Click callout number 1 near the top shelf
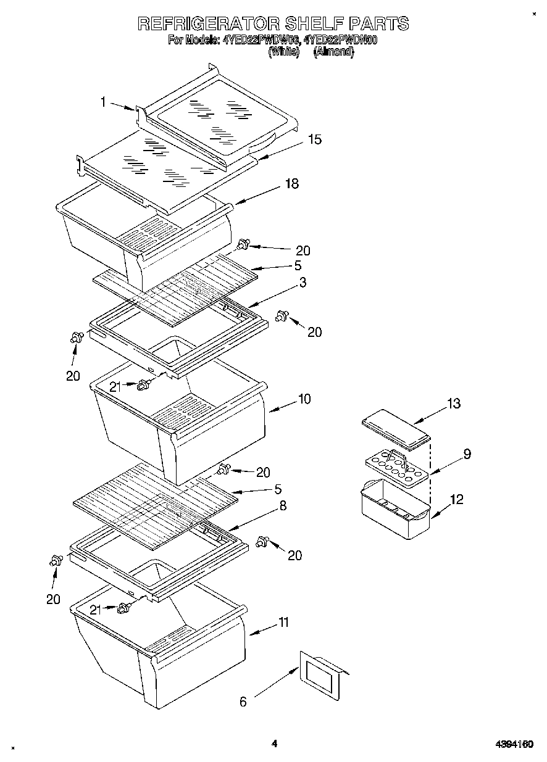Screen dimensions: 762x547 click(x=104, y=102)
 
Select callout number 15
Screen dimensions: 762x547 click(x=314, y=139)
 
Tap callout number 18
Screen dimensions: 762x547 click(x=291, y=183)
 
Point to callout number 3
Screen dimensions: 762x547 click(x=303, y=282)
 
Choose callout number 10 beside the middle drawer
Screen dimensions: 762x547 click(x=304, y=399)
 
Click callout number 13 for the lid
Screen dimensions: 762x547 click(x=454, y=404)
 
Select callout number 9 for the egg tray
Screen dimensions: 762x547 click(x=467, y=453)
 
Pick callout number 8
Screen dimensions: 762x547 click(x=282, y=505)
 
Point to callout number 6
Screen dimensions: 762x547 click(x=243, y=701)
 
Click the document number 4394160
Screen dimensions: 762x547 click(x=513, y=745)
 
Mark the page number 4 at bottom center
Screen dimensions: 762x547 click(x=274, y=743)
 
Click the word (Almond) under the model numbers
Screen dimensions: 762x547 click(x=333, y=53)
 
